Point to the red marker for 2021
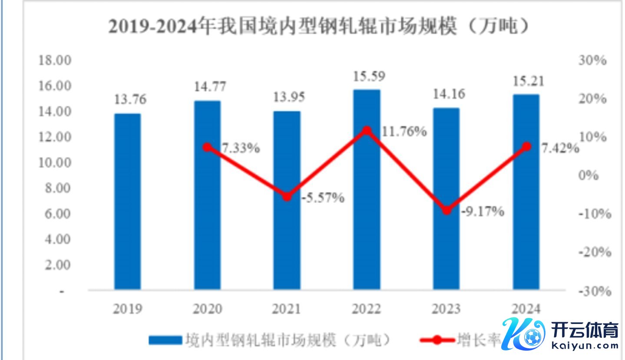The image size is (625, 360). (287, 196)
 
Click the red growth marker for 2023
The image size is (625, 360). (446, 210)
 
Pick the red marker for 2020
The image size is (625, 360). (207, 147)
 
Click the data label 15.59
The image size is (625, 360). (367, 77)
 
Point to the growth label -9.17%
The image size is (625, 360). (483, 211)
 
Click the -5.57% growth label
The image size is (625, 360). (323, 198)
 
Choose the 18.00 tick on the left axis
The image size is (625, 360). (55, 60)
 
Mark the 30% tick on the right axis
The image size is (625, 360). (592, 60)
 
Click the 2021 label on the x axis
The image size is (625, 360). (287, 309)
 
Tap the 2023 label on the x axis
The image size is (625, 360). (446, 309)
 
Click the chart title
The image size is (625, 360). (319, 27)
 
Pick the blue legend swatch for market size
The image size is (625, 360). (165, 340)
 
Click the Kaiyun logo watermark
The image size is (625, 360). (560, 335)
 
